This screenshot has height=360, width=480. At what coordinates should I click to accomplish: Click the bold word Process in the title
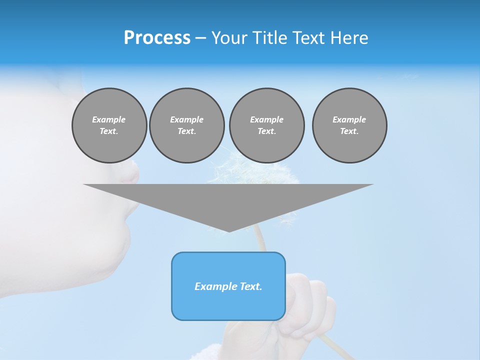pyautogui.click(x=157, y=38)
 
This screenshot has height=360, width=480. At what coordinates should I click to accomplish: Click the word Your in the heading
pyautogui.click(x=229, y=38)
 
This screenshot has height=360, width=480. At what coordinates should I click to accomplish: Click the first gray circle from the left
pyautogui.click(x=109, y=125)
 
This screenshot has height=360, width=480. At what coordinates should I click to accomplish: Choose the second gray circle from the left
pyautogui.click(x=186, y=125)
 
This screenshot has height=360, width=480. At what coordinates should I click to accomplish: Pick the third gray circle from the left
pyautogui.click(x=266, y=125)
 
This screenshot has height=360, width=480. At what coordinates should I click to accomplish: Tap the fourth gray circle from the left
pyautogui.click(x=349, y=125)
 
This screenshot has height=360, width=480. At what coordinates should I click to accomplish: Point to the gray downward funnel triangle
pyautogui.click(x=228, y=200)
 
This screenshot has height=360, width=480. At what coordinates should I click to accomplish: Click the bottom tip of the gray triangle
pyautogui.click(x=228, y=230)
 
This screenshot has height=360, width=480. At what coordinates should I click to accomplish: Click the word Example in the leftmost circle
pyautogui.click(x=109, y=119)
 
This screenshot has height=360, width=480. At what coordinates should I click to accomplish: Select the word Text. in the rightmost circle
pyautogui.click(x=349, y=131)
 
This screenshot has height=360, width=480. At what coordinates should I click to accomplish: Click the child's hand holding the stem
pyautogui.click(x=305, y=305)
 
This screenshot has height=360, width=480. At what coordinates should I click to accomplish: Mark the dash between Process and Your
pyautogui.click(x=200, y=38)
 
